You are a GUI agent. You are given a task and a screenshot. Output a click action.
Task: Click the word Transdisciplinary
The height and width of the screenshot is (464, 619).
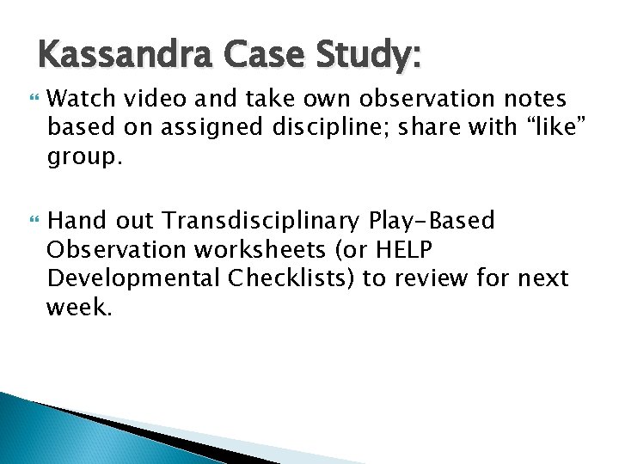[262, 222]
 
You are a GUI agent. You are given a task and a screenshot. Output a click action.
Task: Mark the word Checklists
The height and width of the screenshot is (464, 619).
[281, 278]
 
